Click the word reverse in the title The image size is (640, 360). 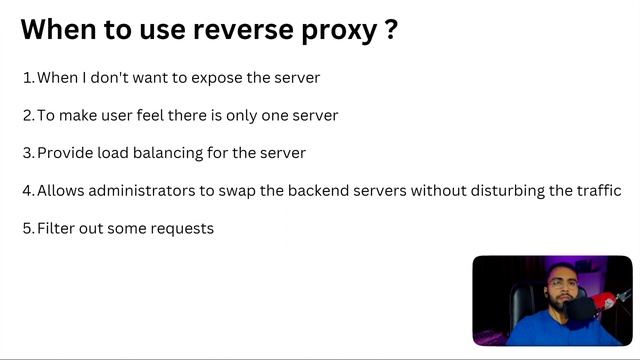tap(229, 30)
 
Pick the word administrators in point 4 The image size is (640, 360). tap(139, 191)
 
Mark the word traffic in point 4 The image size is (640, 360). tap(598, 191)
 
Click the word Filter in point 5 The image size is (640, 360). tap(57, 229)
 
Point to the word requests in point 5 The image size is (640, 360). tap(182, 229)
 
